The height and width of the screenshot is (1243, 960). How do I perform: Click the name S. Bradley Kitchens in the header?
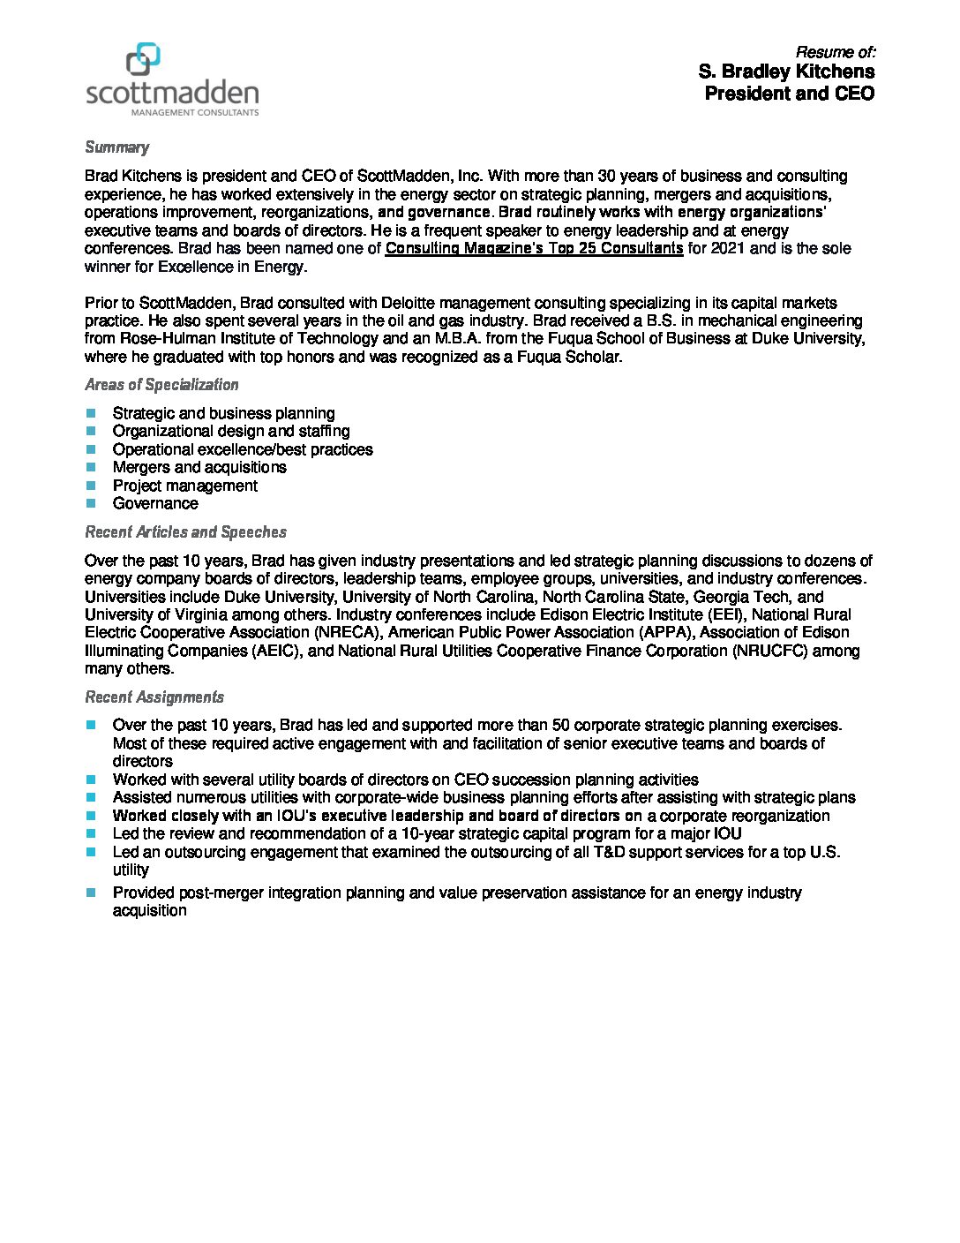click(786, 71)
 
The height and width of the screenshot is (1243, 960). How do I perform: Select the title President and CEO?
click(790, 93)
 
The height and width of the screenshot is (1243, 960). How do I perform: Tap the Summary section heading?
click(116, 147)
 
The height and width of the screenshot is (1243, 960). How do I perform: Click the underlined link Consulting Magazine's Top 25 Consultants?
click(534, 248)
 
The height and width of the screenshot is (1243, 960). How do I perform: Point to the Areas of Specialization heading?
click(161, 385)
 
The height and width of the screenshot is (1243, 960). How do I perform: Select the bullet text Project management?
click(185, 486)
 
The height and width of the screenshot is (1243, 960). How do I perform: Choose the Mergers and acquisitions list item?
click(199, 467)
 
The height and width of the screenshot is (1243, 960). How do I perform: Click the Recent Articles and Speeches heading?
click(185, 532)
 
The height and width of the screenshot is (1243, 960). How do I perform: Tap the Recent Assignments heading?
click(154, 697)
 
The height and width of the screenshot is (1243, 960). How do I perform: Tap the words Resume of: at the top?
click(836, 51)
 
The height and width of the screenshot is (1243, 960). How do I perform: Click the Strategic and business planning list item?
click(223, 413)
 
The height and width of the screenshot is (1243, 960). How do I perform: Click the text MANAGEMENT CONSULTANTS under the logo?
click(195, 113)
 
